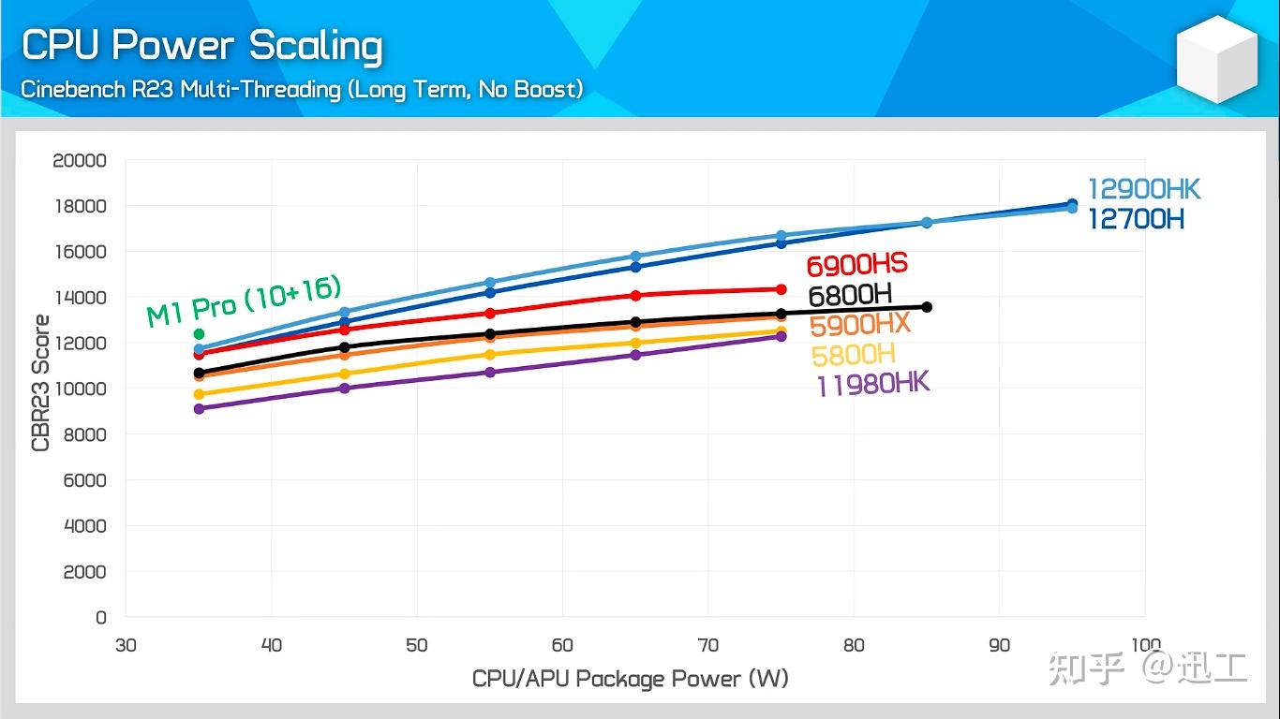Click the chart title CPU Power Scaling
pos(201,46)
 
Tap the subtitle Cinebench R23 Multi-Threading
pos(181,89)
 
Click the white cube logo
pos(1216,59)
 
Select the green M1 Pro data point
pos(199,333)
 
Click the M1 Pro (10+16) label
pos(244,301)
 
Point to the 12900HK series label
pos(1143,189)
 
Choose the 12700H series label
pos(1136,219)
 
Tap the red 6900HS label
pos(856,264)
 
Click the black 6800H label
pos(850,295)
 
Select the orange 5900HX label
pos(859,325)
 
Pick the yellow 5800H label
pos(853,355)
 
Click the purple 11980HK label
pos(873,384)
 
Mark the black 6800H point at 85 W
pos(927,307)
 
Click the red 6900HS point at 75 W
pos(781,289)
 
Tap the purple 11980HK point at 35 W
pos(199,409)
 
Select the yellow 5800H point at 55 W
pos(490,355)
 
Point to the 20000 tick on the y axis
pos(80,160)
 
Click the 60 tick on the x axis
pos(562,645)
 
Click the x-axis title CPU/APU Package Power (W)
pos(631,679)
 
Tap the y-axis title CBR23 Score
pos(40,383)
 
